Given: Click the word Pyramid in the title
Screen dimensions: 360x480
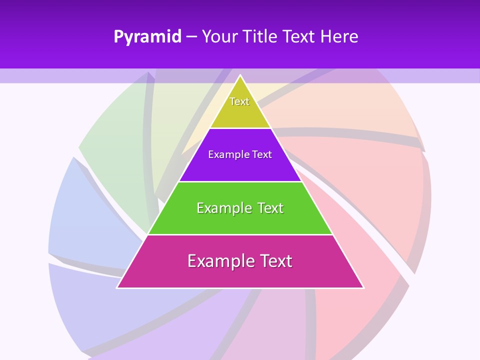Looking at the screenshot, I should pyautogui.click(x=147, y=37).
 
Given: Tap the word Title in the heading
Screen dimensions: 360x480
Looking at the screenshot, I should pyautogui.click(x=260, y=36).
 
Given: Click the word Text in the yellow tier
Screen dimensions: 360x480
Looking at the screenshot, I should pyautogui.click(x=239, y=101).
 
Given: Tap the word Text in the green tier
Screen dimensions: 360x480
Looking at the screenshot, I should pyautogui.click(x=268, y=208).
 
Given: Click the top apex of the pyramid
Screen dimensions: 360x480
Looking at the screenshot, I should pyautogui.click(x=240, y=76).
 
